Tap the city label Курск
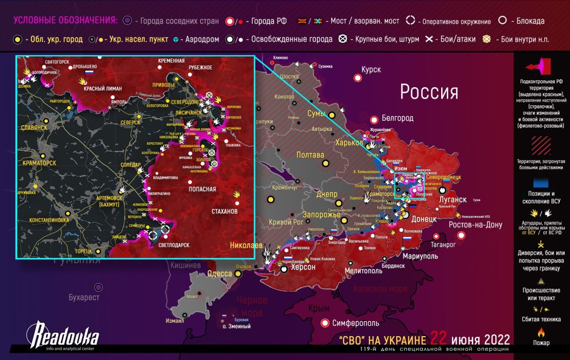[x=371, y=69]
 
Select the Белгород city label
[x=398, y=118]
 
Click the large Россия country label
[x=429, y=92]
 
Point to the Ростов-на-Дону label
[x=475, y=224]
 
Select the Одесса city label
[x=219, y=273]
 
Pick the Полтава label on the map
[x=311, y=154]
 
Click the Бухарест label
[x=84, y=297]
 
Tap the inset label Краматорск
[x=39, y=162]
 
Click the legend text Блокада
[x=530, y=21]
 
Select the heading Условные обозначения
[x=65, y=21]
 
